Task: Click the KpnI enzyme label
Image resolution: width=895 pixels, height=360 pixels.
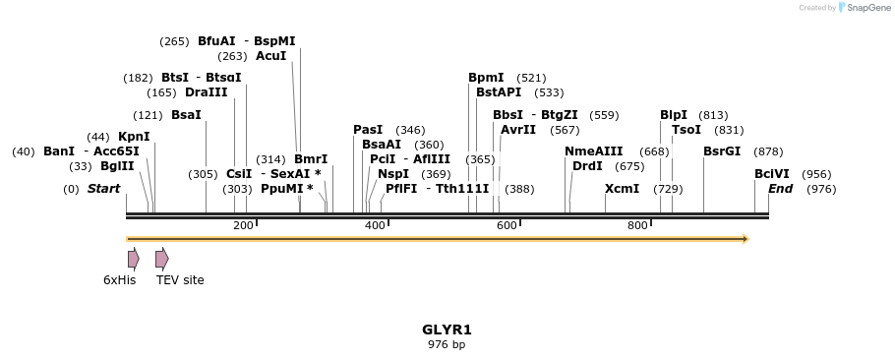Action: [134, 137]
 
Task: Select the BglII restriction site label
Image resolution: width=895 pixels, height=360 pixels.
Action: [117, 166]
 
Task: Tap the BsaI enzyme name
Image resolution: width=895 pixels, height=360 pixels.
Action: [186, 115]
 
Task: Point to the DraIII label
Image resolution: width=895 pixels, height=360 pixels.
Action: [207, 92]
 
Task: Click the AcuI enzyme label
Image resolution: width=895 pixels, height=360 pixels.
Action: [270, 56]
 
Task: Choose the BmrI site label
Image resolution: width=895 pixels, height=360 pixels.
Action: [311, 159]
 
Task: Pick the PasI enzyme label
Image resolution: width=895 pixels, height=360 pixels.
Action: [368, 130]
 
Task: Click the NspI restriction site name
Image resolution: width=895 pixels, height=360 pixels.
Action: [393, 174]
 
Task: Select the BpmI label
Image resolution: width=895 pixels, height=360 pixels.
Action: [486, 78]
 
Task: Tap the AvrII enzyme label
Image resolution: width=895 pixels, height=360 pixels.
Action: [518, 130]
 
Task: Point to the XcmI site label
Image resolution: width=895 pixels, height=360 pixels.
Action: [622, 189]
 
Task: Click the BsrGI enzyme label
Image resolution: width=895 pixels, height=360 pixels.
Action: [722, 151]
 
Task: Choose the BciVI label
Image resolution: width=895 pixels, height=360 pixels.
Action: [772, 174]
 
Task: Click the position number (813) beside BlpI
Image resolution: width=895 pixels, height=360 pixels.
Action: [713, 115]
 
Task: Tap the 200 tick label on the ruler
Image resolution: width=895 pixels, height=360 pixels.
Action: [243, 226]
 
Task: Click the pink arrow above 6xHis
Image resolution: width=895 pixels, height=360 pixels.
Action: [133, 259]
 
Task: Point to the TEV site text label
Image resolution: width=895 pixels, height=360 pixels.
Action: [180, 280]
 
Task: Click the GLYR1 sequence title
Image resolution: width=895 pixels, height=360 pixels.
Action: [447, 330]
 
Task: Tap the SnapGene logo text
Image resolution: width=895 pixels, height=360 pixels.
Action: [865, 8]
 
